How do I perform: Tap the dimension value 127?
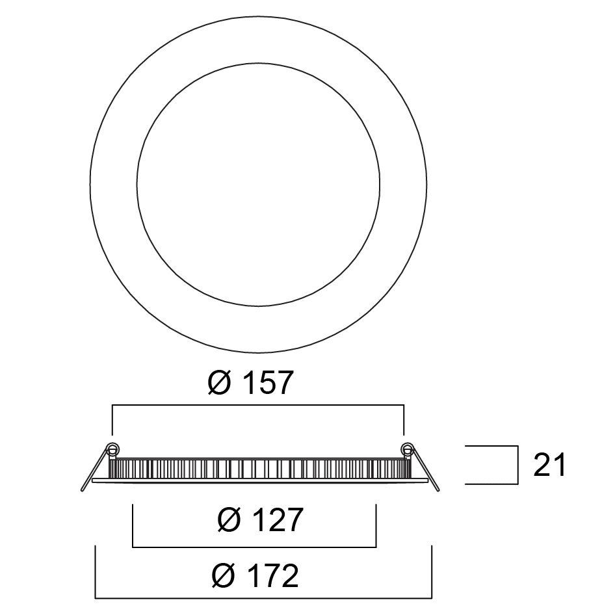(x=278, y=519)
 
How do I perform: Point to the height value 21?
(x=550, y=465)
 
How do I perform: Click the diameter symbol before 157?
(x=219, y=382)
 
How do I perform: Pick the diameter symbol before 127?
(x=229, y=519)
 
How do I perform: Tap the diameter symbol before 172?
(x=223, y=576)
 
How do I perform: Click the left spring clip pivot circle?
(x=113, y=448)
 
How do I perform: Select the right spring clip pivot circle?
(x=407, y=447)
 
